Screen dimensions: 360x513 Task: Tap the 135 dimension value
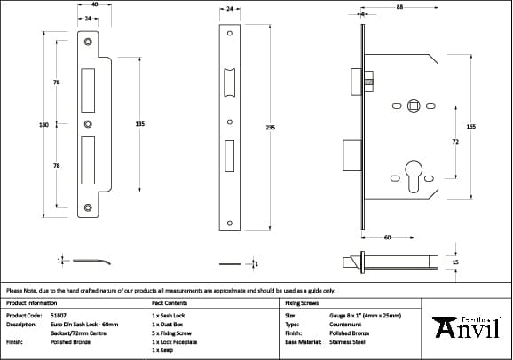point(139,124)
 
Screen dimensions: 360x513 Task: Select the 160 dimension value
point(43,125)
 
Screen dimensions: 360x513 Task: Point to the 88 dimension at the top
point(401,8)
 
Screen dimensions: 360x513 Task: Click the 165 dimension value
point(470,128)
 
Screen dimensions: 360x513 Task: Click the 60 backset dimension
point(388,237)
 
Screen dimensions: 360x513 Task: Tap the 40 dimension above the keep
point(94,5)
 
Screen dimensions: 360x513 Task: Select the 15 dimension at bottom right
point(456,262)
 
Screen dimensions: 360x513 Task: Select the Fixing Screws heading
point(301,302)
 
